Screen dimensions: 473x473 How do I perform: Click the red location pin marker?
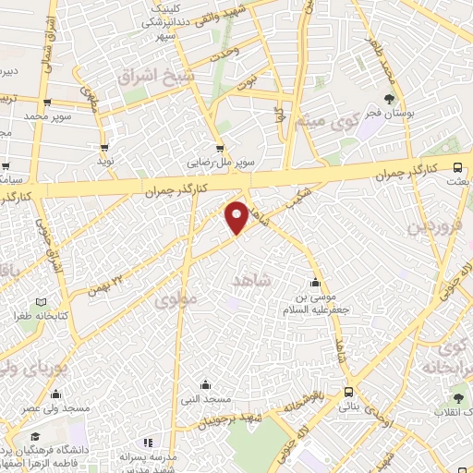pyautogui.click(x=237, y=217)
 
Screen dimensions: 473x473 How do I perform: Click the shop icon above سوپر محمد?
pyautogui.click(x=46, y=103)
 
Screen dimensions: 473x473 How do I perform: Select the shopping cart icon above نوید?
pyautogui.click(x=105, y=146)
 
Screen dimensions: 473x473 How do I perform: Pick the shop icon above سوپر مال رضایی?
pyautogui.click(x=219, y=147)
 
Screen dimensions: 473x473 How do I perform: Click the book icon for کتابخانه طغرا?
pyautogui.click(x=39, y=302)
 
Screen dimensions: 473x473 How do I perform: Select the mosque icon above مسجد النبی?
pyautogui.click(x=204, y=384)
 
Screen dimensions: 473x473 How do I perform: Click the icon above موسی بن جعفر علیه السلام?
pyautogui.click(x=317, y=282)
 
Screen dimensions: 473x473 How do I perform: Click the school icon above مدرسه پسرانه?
pyautogui.click(x=148, y=443)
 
